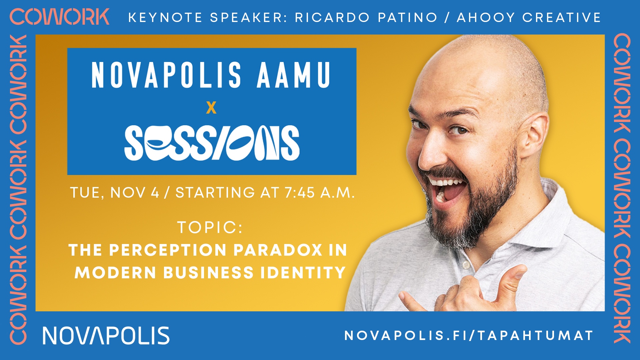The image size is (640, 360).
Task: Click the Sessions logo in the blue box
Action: click(x=212, y=143)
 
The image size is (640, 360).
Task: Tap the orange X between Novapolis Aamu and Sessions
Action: click(x=211, y=108)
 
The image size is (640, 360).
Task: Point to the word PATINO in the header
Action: click(x=407, y=17)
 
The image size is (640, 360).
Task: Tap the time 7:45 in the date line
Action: click(x=300, y=193)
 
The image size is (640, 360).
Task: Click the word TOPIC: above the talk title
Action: click(x=210, y=227)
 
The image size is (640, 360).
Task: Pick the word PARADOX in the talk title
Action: click(x=278, y=250)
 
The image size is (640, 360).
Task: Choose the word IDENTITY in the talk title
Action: click(x=303, y=273)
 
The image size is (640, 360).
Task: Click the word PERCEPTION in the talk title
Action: click(x=168, y=250)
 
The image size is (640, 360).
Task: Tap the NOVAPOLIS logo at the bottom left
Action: click(x=106, y=335)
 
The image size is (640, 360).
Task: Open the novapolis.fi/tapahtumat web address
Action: click(x=469, y=335)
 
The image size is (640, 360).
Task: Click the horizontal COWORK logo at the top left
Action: click(x=59, y=17)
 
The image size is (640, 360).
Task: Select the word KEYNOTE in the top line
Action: click(x=165, y=17)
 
